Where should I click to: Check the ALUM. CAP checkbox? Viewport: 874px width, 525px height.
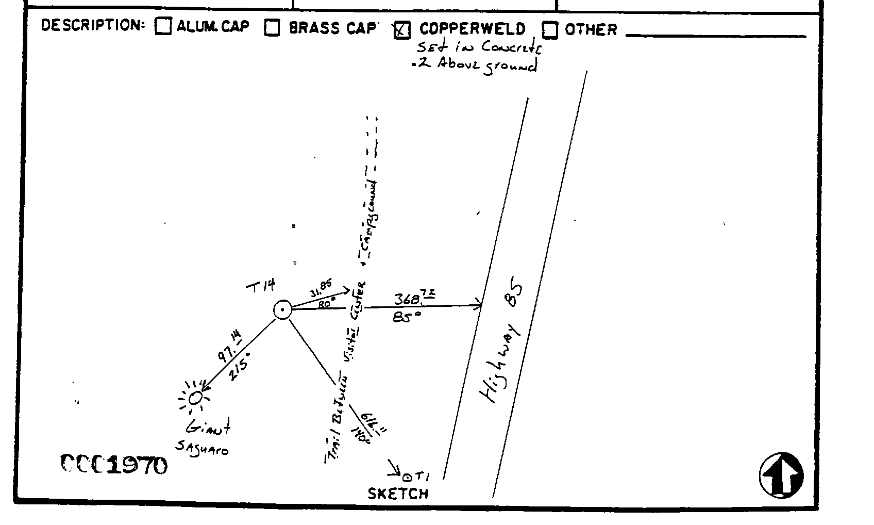[x=163, y=26]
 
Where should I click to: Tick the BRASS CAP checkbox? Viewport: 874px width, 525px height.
[x=272, y=27]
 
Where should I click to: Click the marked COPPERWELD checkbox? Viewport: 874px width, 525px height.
[x=401, y=30]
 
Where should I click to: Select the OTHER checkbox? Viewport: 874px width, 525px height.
[x=550, y=30]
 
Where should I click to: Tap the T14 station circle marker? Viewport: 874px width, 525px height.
[x=282, y=310]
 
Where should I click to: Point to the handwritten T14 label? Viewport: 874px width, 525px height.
[x=261, y=286]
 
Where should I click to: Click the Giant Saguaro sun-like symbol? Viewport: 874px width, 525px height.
[x=195, y=398]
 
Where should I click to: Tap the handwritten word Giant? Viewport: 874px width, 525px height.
[x=208, y=426]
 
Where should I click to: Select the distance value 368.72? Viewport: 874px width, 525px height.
[x=415, y=298]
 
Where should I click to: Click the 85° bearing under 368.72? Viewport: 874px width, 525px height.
[x=407, y=316]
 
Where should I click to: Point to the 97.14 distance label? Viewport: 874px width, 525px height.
[x=229, y=348]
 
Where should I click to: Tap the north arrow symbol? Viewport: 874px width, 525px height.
[x=781, y=475]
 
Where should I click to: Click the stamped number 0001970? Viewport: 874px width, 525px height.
[x=114, y=465]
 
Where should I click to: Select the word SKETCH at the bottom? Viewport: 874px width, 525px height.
[x=398, y=494]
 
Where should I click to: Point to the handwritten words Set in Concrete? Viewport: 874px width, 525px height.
[x=479, y=47]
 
